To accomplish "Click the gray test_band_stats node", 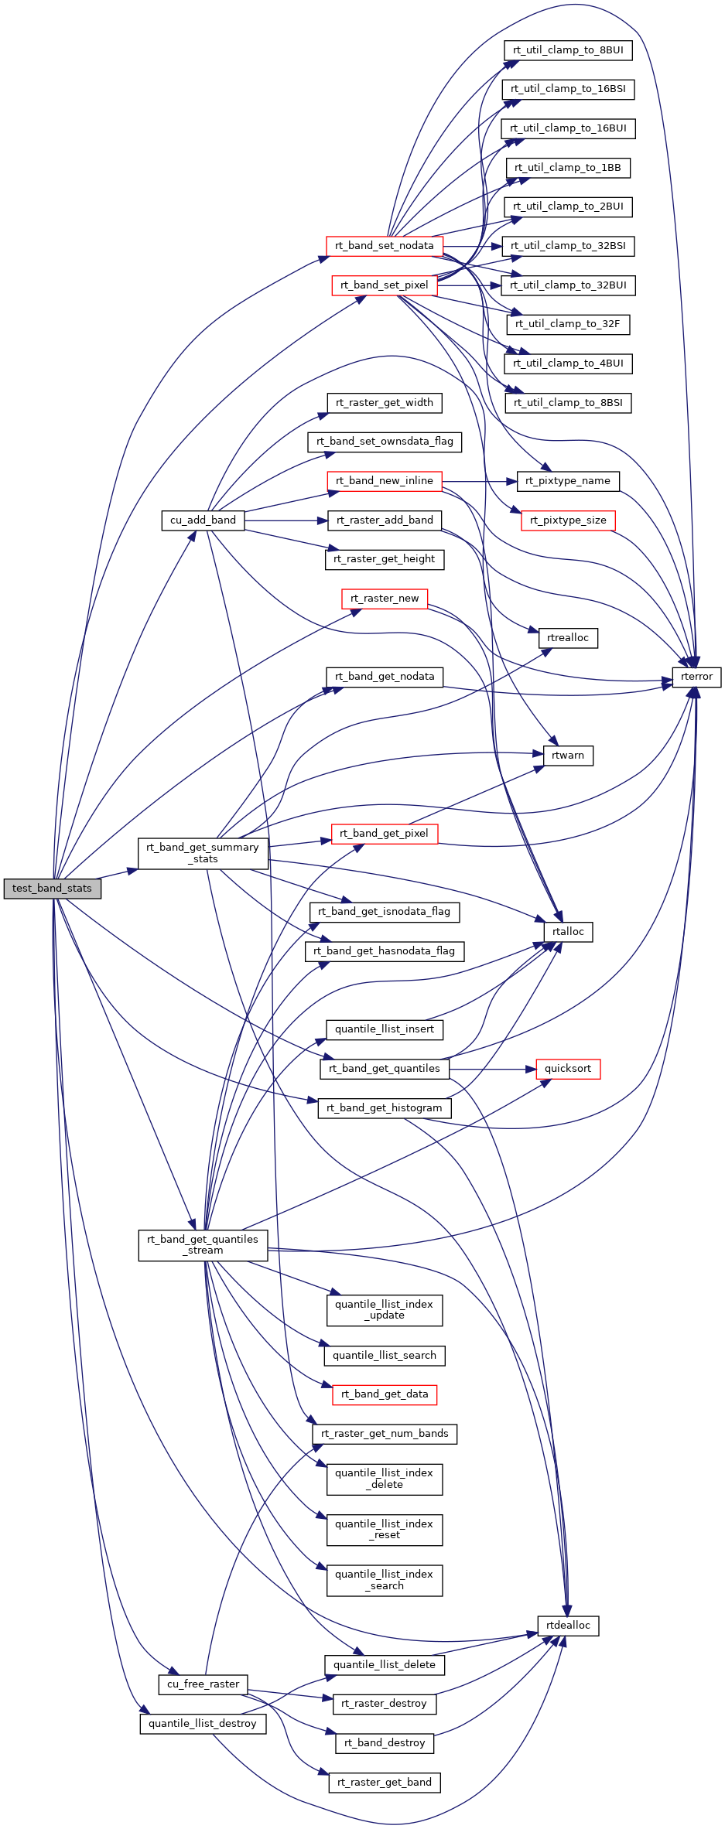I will [52, 888].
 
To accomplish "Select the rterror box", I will [696, 677].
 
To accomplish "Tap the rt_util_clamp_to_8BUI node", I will [568, 50].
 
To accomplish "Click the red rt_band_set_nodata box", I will [384, 246].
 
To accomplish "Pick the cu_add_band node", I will [203, 520].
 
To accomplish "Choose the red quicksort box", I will [567, 1069].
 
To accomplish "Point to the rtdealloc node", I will [568, 1626].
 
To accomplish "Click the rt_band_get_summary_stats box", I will [203, 853].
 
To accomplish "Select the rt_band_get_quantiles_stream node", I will [203, 1244].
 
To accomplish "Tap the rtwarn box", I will [568, 755].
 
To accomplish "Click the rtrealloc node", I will [568, 638].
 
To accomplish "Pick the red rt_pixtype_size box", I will [568, 520].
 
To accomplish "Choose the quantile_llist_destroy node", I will [203, 1724].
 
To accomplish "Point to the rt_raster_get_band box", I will [385, 1783].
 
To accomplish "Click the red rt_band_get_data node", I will [385, 1394].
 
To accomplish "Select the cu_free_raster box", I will [203, 1684].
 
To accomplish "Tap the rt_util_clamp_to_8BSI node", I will [568, 403].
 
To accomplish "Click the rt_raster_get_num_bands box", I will [385, 1434].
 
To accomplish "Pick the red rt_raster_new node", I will [385, 599].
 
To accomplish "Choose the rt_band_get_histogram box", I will [385, 1108].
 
